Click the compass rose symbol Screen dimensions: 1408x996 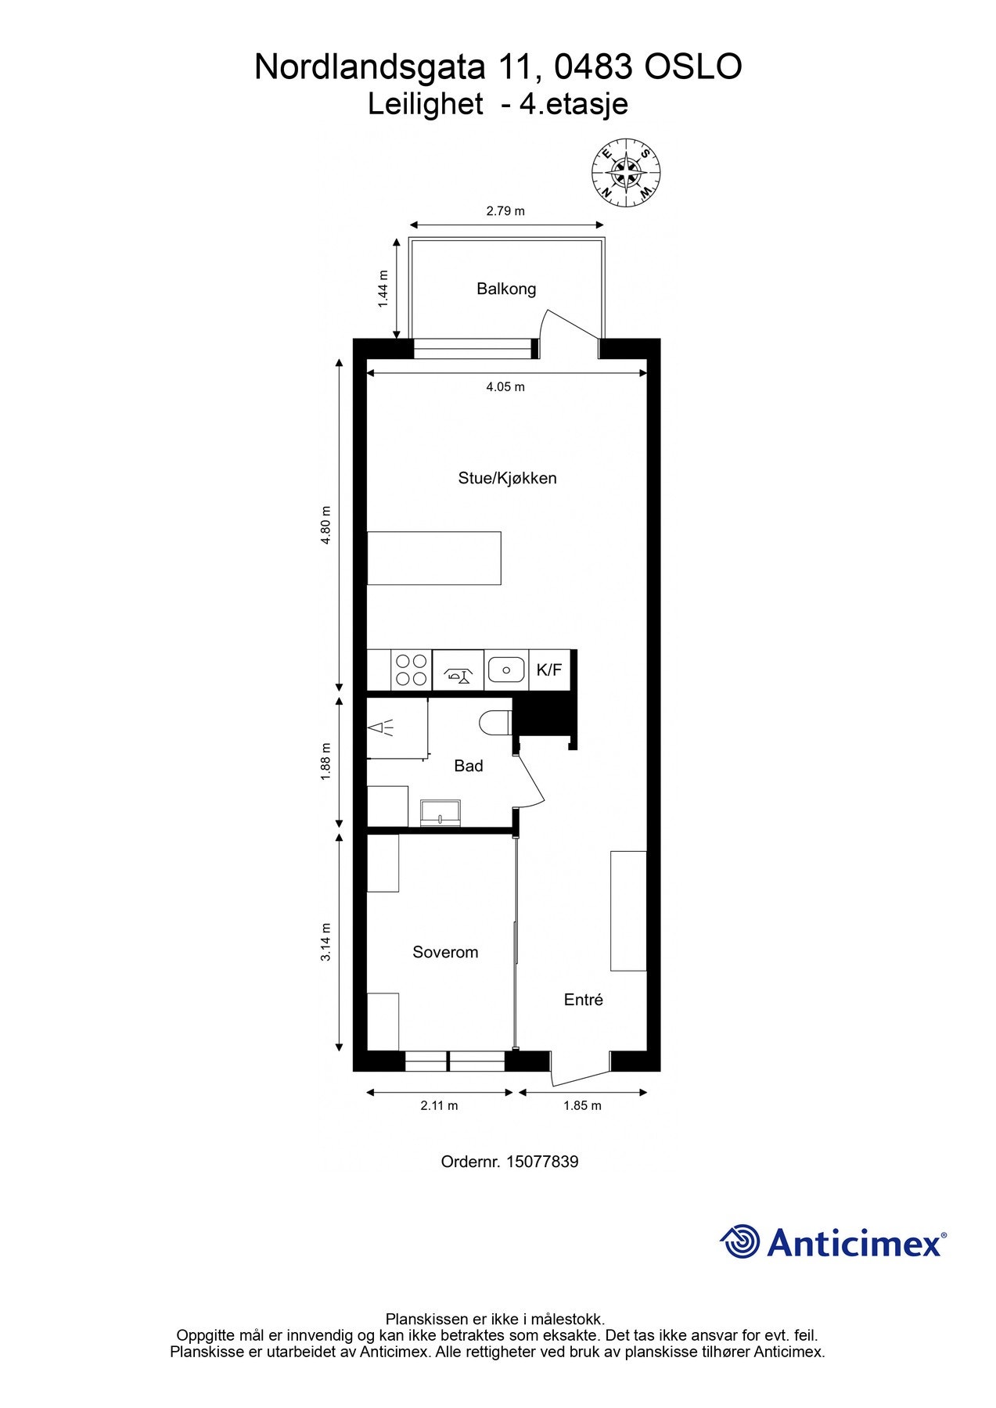pyautogui.click(x=626, y=174)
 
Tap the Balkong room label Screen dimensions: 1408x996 pyautogui.click(x=506, y=289)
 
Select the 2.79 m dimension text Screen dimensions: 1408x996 pyautogui.click(x=505, y=211)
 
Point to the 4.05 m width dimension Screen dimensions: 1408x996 pyautogui.click(x=505, y=386)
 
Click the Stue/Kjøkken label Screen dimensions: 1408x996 pyautogui.click(x=507, y=478)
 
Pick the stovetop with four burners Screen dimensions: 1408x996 pyautogui.click(x=411, y=670)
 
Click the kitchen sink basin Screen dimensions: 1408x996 pyautogui.click(x=506, y=670)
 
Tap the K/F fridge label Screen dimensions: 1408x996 pyautogui.click(x=549, y=670)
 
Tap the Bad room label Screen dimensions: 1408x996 pyautogui.click(x=468, y=766)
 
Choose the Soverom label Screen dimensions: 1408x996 pyautogui.click(x=445, y=952)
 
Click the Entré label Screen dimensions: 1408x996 pyautogui.click(x=584, y=1000)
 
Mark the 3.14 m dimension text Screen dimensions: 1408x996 pyautogui.click(x=326, y=943)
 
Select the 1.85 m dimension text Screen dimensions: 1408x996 pyautogui.click(x=582, y=1105)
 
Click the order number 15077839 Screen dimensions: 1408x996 pyautogui.click(x=542, y=1162)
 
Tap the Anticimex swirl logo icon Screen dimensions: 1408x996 pyautogui.click(x=740, y=1241)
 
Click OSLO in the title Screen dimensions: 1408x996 pyautogui.click(x=693, y=67)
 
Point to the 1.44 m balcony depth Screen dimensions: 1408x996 pyautogui.click(x=383, y=289)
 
